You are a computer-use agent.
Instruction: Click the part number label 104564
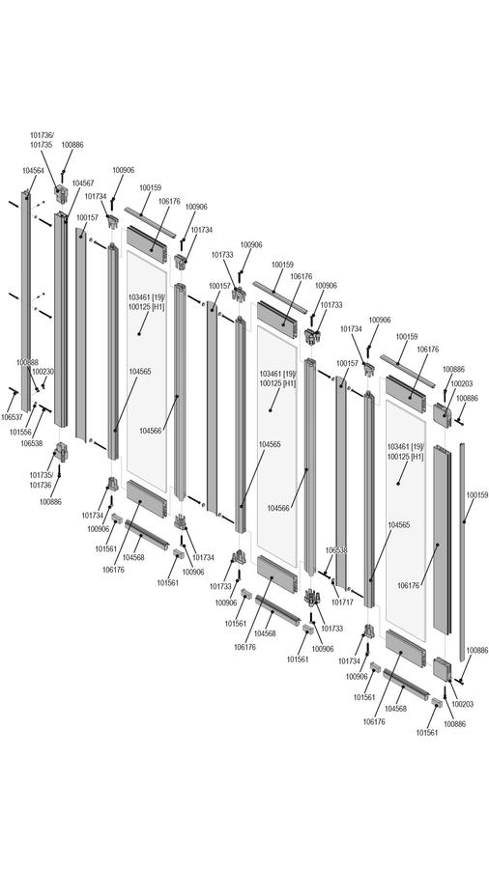(33, 171)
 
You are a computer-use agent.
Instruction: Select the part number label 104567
(82, 182)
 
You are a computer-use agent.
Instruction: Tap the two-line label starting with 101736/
(42, 140)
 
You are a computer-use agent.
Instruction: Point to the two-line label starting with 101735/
(41, 480)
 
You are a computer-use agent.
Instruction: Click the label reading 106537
(12, 417)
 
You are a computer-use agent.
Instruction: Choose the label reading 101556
(20, 432)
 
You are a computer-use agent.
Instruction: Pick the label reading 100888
(27, 362)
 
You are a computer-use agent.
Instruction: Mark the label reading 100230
(43, 372)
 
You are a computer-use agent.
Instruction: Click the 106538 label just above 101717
(336, 550)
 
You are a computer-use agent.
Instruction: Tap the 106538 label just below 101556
(32, 443)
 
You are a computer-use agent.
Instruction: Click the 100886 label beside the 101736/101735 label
(72, 145)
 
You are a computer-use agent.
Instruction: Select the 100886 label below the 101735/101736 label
(50, 501)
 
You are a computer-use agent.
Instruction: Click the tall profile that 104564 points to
(25, 301)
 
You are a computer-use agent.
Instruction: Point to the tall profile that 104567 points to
(61, 320)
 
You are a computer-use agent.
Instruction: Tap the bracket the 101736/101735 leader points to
(61, 194)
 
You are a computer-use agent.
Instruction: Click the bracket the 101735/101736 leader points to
(61, 452)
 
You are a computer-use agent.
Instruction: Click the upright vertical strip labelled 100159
(462, 552)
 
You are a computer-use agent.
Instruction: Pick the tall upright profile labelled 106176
(442, 541)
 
